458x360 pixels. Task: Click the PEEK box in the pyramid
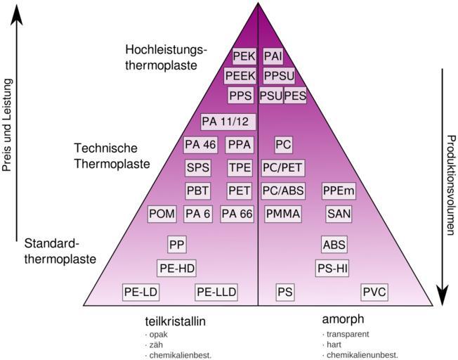tap(241, 76)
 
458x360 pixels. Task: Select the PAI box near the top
tap(273, 57)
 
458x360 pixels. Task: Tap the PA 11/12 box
tap(225, 122)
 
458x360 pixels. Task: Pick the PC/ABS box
tap(282, 191)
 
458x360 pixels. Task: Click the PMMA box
tap(282, 214)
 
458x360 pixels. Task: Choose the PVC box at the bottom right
tap(374, 292)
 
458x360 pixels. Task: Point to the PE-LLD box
tap(216, 292)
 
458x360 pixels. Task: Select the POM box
tap(162, 214)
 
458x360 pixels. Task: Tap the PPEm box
tap(339, 191)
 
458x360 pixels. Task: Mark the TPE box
tap(240, 168)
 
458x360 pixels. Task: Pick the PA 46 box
tap(199, 145)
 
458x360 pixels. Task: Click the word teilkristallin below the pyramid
tap(175, 321)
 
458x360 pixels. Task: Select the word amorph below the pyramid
tap(343, 320)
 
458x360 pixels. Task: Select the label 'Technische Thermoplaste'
tap(112, 156)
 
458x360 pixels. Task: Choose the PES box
tap(295, 95)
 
